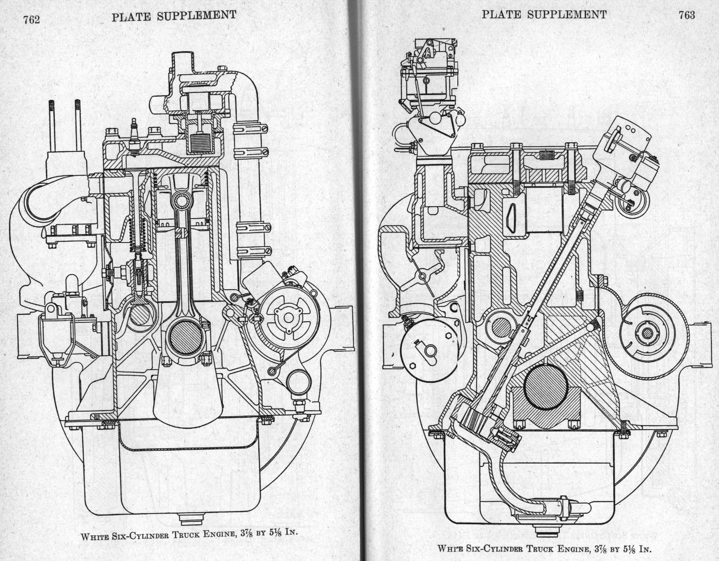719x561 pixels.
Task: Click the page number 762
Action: pyautogui.click(x=32, y=20)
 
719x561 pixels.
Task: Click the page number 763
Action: pyautogui.click(x=686, y=15)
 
